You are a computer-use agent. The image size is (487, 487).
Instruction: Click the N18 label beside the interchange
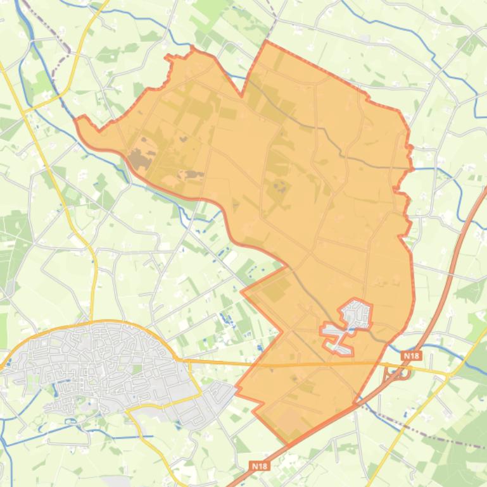411,356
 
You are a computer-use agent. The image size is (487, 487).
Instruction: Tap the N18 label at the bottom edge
259,466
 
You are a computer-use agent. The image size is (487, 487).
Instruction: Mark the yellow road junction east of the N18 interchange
448,374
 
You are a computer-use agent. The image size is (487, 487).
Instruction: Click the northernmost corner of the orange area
266,42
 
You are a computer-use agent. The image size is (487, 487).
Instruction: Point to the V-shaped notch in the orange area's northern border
241,96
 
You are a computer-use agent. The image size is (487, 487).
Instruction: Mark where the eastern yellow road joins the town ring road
184,361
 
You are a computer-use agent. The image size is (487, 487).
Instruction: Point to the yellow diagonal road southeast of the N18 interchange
418,417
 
